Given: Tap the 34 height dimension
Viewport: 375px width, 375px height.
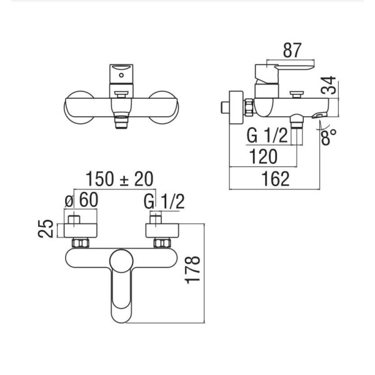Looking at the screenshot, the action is [328, 85].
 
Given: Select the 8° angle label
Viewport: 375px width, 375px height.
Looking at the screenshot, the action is [329, 137].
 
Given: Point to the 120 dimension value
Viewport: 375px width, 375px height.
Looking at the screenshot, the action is [263, 156].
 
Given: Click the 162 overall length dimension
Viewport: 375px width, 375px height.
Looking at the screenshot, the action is [276, 179].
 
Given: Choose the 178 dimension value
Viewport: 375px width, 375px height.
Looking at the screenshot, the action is [192, 270].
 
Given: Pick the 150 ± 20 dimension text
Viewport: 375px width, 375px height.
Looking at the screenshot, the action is [119, 179].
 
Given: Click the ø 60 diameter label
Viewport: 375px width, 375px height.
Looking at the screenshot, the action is [81, 200].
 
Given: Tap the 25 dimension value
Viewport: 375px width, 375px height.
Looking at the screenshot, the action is [46, 228].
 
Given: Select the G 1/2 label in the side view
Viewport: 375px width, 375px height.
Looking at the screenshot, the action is [267, 136].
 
